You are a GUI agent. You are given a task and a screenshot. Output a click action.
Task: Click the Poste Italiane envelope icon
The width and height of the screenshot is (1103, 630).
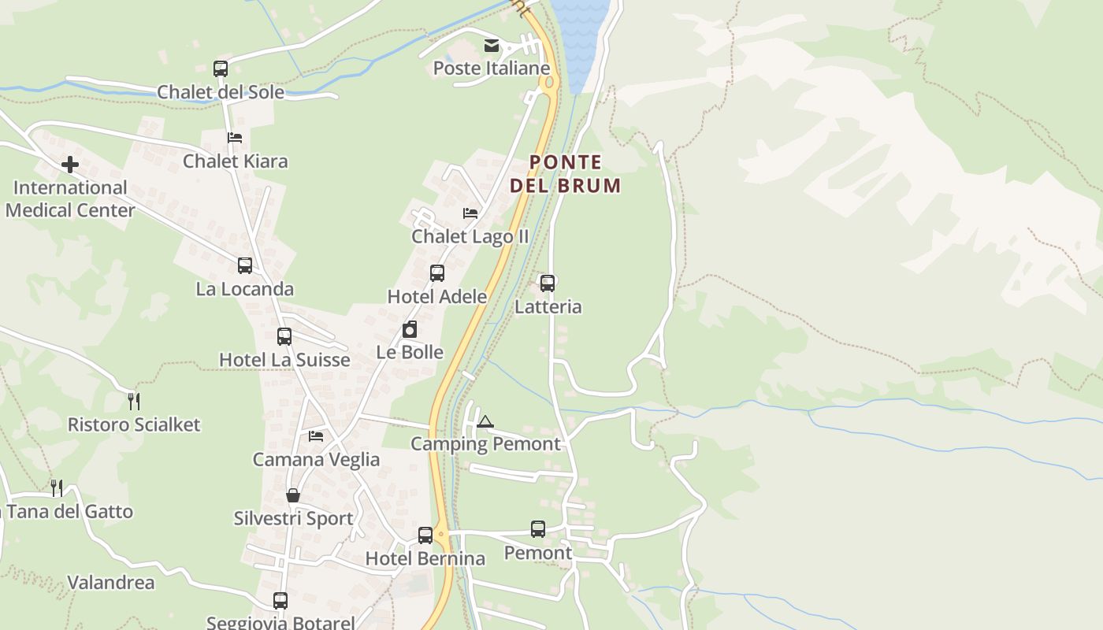[492, 46]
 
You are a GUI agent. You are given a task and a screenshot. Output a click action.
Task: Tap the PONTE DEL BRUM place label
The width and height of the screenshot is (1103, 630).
[565, 174]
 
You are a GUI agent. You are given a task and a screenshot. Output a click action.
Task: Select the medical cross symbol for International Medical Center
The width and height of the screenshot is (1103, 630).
[70, 165]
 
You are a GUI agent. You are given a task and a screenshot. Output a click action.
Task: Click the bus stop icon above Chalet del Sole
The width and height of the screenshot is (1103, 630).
[221, 69]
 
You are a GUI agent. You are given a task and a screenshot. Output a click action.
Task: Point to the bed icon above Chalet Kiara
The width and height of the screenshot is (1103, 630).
[235, 138]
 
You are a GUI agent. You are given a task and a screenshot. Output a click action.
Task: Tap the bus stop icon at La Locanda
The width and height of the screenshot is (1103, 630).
[245, 265]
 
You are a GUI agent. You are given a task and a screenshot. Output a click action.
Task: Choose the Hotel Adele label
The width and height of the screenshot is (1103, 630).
[437, 297]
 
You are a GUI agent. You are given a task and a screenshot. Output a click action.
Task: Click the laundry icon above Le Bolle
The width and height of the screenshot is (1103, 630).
[410, 329]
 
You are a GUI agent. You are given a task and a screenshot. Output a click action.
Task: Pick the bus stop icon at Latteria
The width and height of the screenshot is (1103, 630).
[548, 283]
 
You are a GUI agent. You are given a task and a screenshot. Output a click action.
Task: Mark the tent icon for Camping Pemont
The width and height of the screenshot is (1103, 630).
[485, 422]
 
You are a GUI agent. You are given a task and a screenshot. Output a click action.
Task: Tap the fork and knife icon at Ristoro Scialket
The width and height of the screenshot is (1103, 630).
[134, 402]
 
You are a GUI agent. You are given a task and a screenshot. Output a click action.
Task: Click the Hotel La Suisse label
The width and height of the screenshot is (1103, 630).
[284, 360]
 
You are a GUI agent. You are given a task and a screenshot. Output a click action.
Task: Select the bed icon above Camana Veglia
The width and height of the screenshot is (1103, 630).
[316, 435]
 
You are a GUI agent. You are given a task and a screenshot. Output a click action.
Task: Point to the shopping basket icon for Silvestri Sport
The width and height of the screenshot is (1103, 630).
[293, 495]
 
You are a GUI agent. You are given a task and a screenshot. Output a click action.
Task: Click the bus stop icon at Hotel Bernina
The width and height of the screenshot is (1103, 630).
[425, 535]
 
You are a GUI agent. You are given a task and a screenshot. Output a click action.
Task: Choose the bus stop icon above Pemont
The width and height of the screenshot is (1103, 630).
[538, 529]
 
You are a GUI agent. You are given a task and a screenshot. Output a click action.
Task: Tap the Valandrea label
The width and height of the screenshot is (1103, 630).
[111, 583]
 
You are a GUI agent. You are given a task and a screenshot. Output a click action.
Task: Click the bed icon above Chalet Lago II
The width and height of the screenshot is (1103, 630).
[470, 213]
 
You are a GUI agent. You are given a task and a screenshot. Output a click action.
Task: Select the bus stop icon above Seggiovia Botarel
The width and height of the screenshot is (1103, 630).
[280, 601]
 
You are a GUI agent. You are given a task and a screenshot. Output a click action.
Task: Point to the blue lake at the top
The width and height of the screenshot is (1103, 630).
[580, 35]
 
